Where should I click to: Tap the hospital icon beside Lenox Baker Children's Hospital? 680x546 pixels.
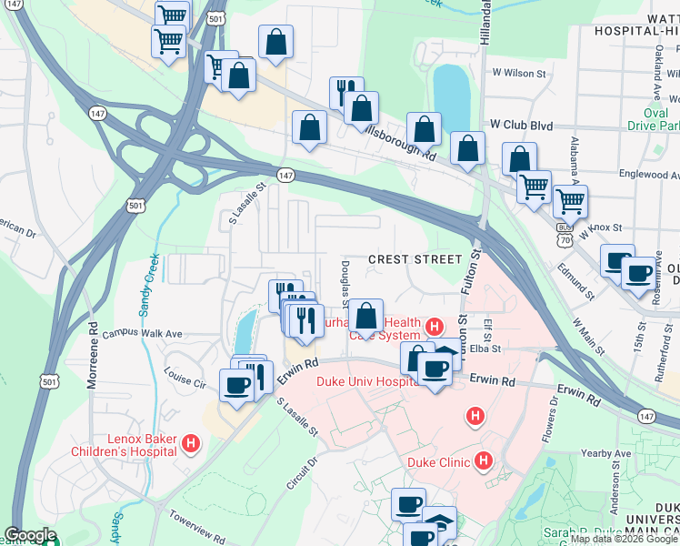click(x=191, y=444)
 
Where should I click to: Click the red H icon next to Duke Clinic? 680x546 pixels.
click(x=484, y=461)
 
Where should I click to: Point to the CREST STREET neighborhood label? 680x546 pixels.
click(x=415, y=259)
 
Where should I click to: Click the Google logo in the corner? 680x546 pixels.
click(x=30, y=536)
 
